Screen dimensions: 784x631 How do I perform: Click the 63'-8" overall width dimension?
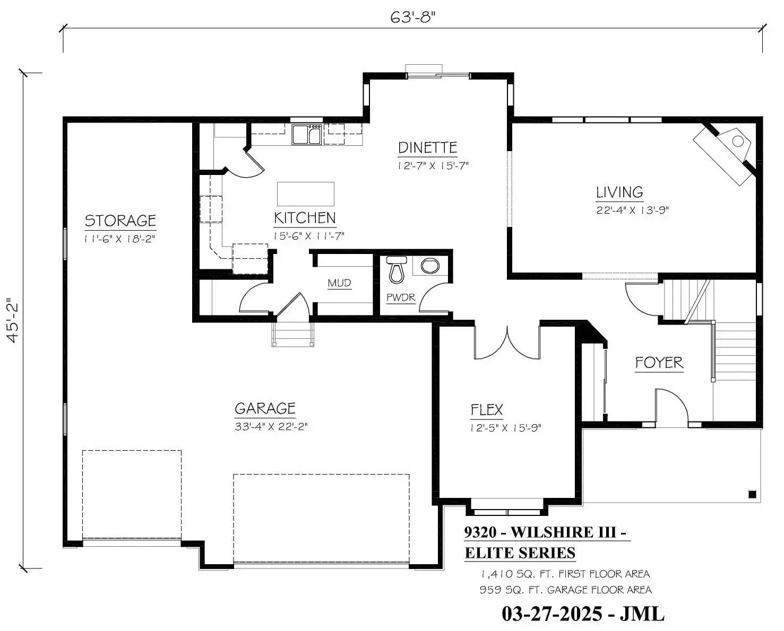pyautogui.click(x=413, y=17)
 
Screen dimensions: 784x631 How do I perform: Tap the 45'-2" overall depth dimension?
pyautogui.click(x=13, y=321)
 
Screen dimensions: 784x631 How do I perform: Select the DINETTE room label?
pyautogui.click(x=427, y=148)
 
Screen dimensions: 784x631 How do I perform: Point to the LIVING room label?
pyautogui.click(x=619, y=192)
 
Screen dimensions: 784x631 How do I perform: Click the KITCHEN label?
pyautogui.click(x=305, y=218)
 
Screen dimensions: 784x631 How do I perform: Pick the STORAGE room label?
pyautogui.click(x=120, y=221)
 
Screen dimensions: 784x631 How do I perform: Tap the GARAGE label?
pyautogui.click(x=265, y=409)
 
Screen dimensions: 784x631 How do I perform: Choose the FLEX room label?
pyautogui.click(x=486, y=410)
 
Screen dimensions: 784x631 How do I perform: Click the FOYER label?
pyautogui.click(x=659, y=363)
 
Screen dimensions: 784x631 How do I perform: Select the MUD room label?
pyautogui.click(x=339, y=283)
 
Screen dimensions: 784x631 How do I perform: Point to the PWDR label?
pyautogui.click(x=401, y=297)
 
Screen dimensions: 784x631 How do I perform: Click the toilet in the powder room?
pyautogui.click(x=397, y=269)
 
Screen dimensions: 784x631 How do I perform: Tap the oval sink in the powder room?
pyautogui.click(x=430, y=266)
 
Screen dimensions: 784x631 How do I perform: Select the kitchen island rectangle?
pyautogui.click(x=306, y=194)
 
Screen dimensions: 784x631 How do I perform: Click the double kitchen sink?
pyautogui.click(x=307, y=134)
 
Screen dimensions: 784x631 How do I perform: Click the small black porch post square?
pyautogui.click(x=752, y=494)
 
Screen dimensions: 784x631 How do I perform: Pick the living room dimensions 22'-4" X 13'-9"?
pyautogui.click(x=633, y=211)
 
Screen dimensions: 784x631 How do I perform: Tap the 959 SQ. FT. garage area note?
pyautogui.click(x=565, y=590)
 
